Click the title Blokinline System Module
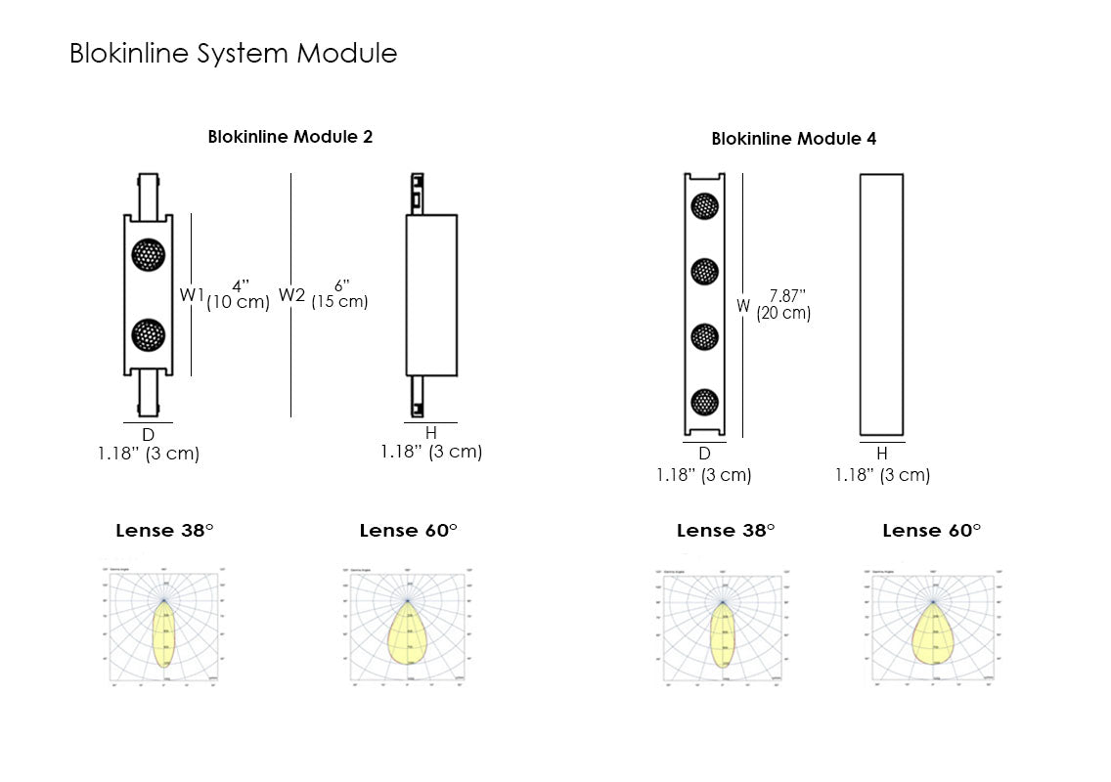point(233,53)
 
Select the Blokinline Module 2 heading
point(289,137)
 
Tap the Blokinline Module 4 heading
point(793,139)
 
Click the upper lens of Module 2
point(149,255)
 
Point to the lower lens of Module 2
point(149,335)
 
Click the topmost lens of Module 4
point(704,205)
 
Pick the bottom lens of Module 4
point(704,401)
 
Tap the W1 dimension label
point(191,294)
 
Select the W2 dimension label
point(291,294)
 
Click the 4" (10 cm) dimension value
point(238,295)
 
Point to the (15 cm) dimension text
point(339,302)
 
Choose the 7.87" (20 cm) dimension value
point(784,305)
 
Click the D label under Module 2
point(148,434)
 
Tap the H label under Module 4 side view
point(881,454)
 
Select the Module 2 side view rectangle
point(431,294)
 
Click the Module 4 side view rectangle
point(881,304)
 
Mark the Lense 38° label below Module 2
point(164,531)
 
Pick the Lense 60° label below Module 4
point(931,531)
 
